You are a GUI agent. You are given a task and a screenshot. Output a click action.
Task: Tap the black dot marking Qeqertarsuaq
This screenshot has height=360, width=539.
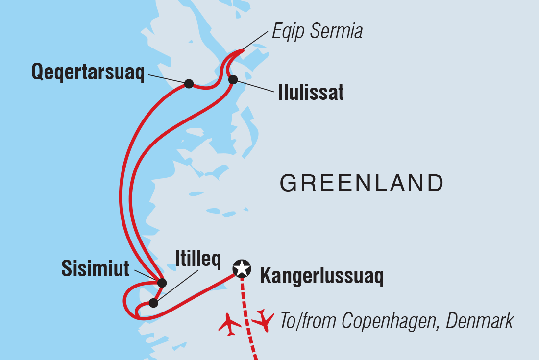point(189,84)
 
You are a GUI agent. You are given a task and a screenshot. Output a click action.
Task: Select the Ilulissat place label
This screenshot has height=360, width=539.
point(311,93)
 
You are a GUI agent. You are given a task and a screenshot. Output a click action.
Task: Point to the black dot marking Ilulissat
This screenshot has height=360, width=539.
point(233,79)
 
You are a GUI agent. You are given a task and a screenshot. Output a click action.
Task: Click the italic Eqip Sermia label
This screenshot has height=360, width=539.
point(318,32)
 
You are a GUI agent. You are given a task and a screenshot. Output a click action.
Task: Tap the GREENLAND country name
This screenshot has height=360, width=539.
point(362,183)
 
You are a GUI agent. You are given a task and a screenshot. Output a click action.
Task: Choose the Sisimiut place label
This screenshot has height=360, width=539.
point(95,268)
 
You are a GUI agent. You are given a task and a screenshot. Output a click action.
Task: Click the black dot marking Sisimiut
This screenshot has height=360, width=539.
point(162,283)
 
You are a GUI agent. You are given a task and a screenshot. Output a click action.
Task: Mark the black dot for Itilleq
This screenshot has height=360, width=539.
point(153,303)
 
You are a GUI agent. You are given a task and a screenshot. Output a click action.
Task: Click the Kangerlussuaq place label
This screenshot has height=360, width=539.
point(321,277)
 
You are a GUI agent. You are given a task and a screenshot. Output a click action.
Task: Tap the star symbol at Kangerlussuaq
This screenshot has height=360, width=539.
point(241,268)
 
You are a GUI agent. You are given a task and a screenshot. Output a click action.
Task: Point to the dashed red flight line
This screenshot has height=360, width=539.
point(247,318)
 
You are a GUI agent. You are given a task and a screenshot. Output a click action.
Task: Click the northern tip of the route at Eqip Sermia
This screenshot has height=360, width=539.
point(242,50)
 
